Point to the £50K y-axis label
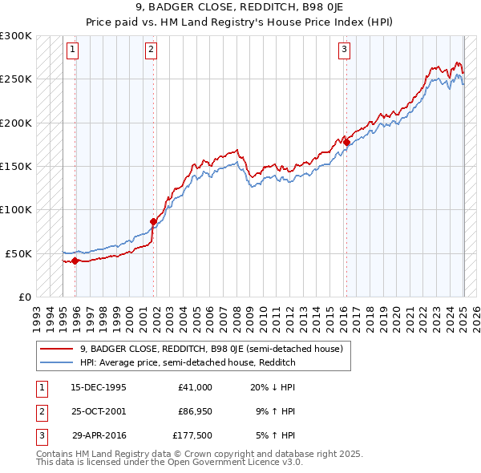[x=18, y=253]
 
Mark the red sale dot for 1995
[x=75, y=261]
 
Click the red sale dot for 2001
[x=153, y=221]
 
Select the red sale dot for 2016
[x=346, y=143]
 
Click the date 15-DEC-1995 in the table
[x=99, y=387]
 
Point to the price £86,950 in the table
[x=195, y=411]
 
